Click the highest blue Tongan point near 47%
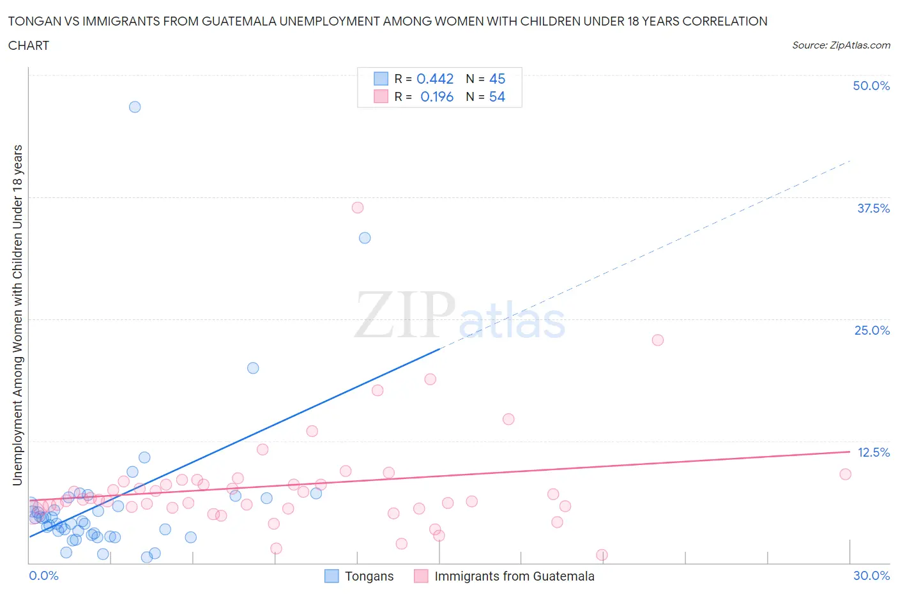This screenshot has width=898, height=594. point(135,107)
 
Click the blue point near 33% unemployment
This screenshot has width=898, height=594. point(365,238)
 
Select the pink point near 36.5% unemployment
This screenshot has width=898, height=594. point(358,208)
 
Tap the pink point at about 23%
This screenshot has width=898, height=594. point(658,340)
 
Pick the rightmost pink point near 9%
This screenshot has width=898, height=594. point(846,474)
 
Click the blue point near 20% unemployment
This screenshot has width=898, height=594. point(253,368)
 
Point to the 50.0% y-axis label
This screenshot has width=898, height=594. point(871,86)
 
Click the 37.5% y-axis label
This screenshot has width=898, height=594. point(873,208)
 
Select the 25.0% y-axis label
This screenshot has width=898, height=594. point(872,330)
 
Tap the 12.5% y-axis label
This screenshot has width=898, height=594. point(873,452)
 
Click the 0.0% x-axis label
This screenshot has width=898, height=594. point(44,575)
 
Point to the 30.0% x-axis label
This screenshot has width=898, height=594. point(871,575)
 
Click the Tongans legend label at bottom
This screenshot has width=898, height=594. point(369,576)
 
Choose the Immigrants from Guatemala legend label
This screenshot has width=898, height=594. point(514,576)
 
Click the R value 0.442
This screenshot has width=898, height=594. point(435,79)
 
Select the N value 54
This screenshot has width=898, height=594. point(497,96)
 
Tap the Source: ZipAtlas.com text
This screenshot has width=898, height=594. point(841,45)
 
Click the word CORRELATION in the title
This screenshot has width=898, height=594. point(725,21)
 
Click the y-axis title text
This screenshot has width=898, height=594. point(17,315)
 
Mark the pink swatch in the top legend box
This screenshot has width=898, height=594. point(381,96)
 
